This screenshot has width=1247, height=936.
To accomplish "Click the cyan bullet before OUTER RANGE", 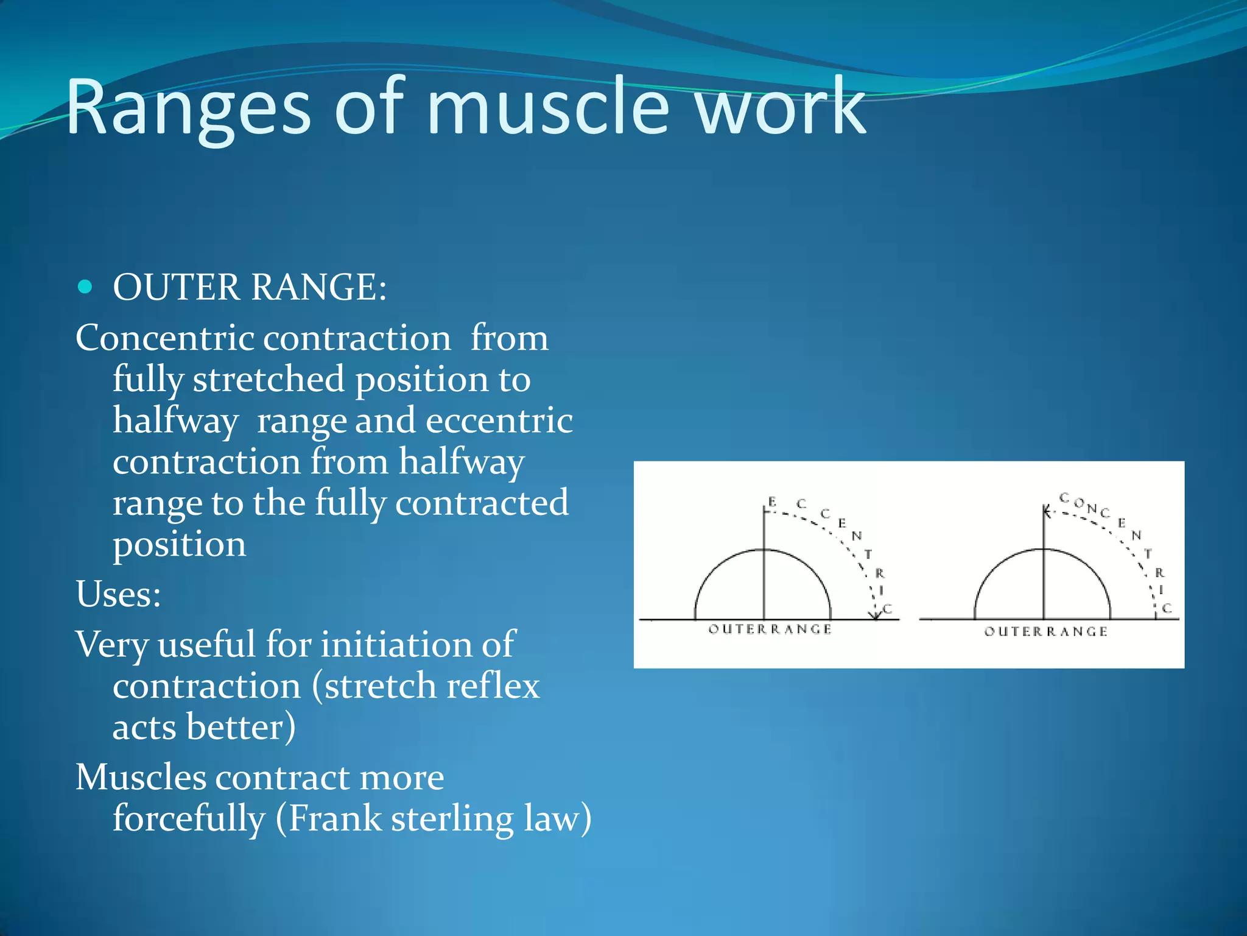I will point(85,286).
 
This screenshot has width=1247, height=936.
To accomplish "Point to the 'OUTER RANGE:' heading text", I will point(250,287).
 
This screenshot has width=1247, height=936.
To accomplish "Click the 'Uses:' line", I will point(118,594).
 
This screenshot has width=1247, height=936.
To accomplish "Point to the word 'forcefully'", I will point(189,818).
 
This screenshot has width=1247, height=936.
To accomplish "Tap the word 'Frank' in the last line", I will point(334,818).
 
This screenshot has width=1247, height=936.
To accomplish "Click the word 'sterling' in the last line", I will point(452,818).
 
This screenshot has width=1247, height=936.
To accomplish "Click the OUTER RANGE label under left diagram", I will point(770,629).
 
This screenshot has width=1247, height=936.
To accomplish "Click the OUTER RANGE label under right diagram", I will point(1045,631).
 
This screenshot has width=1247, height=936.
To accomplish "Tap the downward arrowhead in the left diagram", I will point(876,615).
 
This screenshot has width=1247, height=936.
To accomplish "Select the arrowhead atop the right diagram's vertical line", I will point(1045,511).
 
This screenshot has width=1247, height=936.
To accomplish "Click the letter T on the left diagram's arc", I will point(868,554).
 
